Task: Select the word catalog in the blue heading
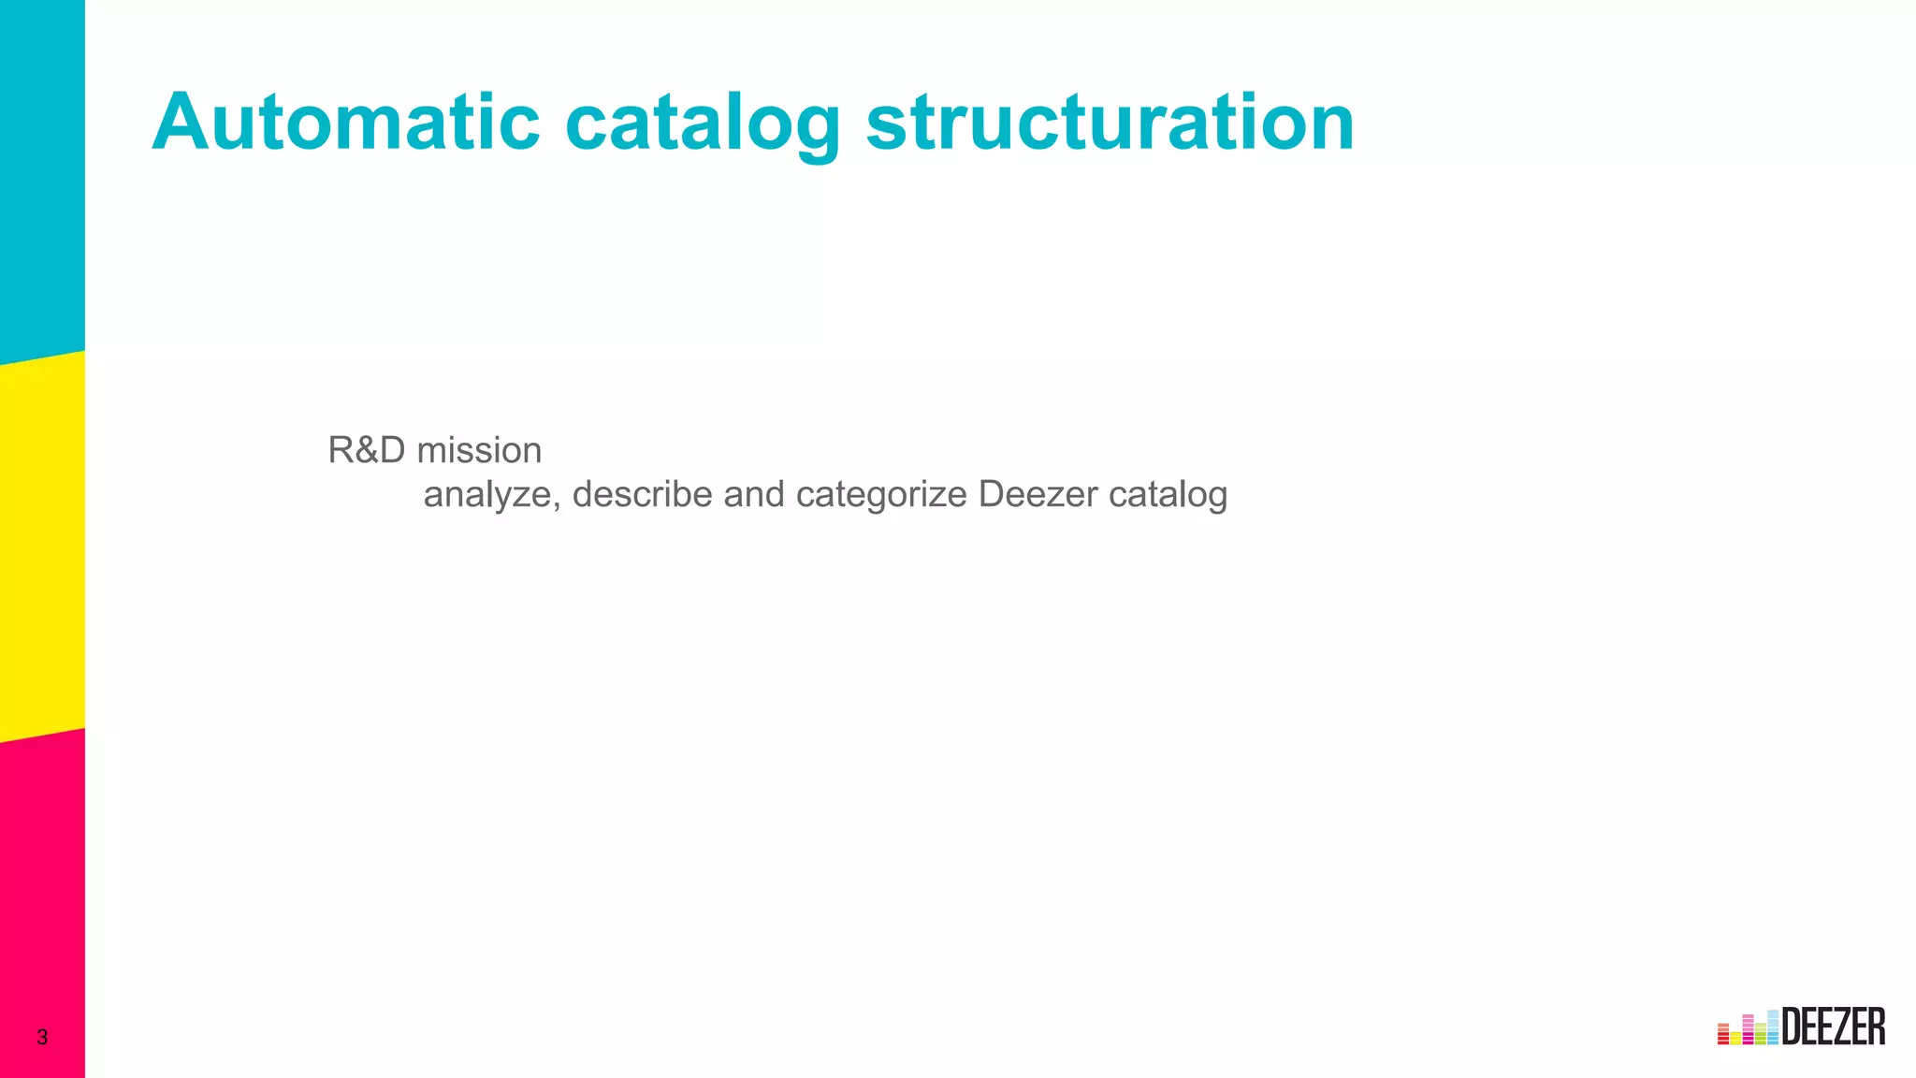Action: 703,124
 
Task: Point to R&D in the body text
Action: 367,450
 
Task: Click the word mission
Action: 479,450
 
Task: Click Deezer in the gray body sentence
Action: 1038,494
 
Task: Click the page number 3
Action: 42,1037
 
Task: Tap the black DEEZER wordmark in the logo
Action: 1834,1027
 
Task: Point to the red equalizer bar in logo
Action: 1723,1034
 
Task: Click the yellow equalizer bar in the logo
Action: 1735,1038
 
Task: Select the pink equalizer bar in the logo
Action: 1748,1029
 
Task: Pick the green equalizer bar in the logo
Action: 1760,1033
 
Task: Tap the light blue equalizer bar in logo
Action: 1773,1027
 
